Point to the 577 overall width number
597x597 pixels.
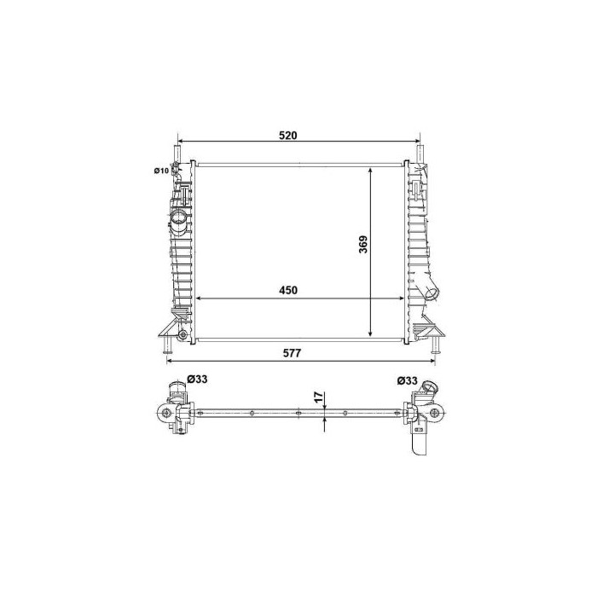coord(296,352)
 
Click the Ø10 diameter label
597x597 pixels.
coord(160,171)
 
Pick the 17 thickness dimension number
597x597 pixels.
coord(318,397)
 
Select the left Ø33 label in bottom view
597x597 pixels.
coord(196,380)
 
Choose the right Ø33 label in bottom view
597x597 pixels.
coord(407,380)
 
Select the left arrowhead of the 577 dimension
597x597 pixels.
coord(169,361)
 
